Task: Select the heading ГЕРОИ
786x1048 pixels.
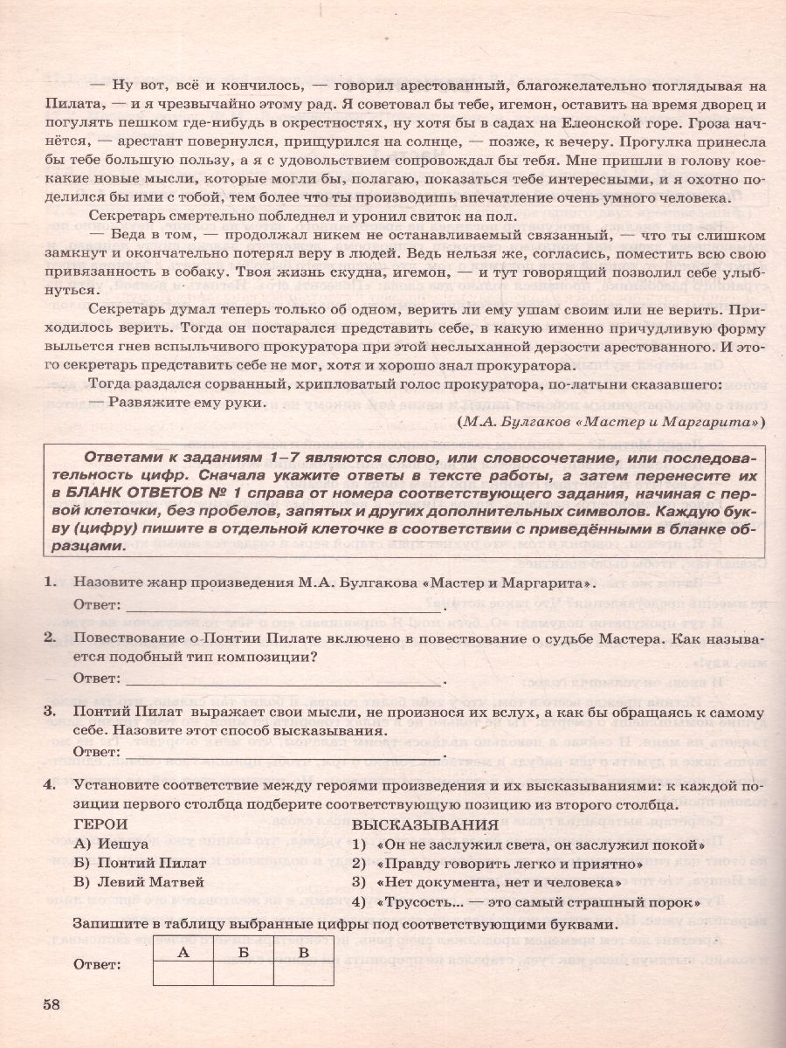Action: pyautogui.click(x=100, y=824)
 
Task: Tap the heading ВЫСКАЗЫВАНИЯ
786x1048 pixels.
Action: pyautogui.click(x=425, y=824)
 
